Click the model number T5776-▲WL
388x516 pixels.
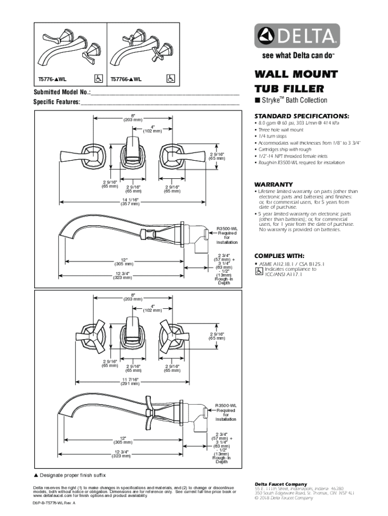53,80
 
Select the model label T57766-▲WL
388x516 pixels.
125,80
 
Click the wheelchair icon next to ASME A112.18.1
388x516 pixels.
258,272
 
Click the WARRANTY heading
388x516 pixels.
274,184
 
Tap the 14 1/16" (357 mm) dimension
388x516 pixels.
129,202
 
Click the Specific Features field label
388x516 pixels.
56,102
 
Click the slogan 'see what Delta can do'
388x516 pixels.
297,55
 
